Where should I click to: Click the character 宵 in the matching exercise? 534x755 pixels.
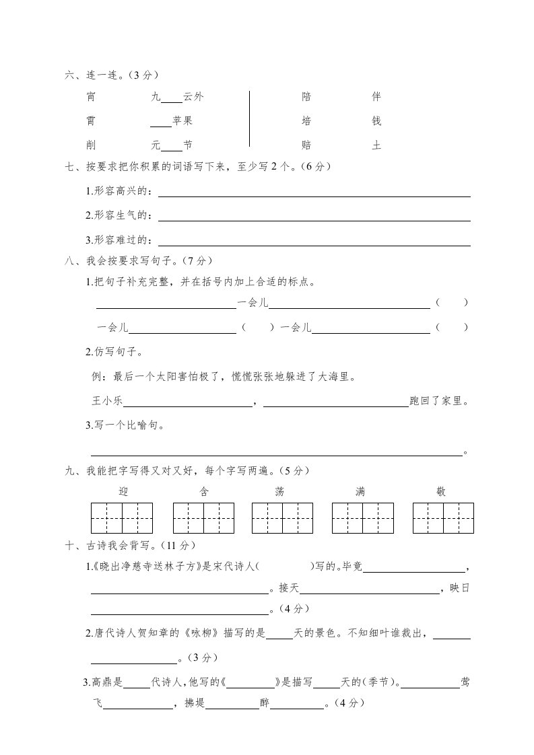(x=91, y=97)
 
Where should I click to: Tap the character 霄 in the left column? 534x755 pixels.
(x=91, y=121)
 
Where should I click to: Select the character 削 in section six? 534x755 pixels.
(x=91, y=145)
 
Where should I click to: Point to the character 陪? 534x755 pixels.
(x=306, y=97)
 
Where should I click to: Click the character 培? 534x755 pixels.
(x=306, y=121)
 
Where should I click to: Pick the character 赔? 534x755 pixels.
(x=306, y=145)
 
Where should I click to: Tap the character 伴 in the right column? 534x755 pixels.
(x=376, y=97)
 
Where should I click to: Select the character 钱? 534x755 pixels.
(x=376, y=121)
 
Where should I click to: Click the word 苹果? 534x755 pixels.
(x=182, y=121)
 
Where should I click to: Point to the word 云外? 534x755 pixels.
(x=193, y=97)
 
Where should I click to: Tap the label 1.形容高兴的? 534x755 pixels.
(x=119, y=192)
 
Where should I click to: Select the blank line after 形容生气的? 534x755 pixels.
(x=314, y=220)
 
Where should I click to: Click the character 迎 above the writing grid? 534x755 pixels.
(x=123, y=492)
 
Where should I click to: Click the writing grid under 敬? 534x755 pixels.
(x=442, y=518)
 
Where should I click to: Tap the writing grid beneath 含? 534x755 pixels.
(x=204, y=518)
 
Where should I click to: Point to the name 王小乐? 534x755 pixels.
(x=107, y=402)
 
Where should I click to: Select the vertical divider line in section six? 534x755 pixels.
(x=249, y=118)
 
